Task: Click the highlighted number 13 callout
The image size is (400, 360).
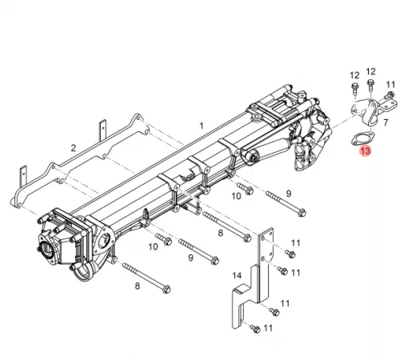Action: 366,150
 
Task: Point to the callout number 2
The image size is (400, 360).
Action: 73,149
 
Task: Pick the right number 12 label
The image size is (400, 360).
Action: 371,72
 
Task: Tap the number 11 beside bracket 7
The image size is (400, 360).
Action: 390,84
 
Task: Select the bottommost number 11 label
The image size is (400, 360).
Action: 269,328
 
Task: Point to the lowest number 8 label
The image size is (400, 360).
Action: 137,286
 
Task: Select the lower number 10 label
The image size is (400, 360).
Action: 153,246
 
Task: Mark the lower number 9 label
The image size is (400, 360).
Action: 190,258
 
